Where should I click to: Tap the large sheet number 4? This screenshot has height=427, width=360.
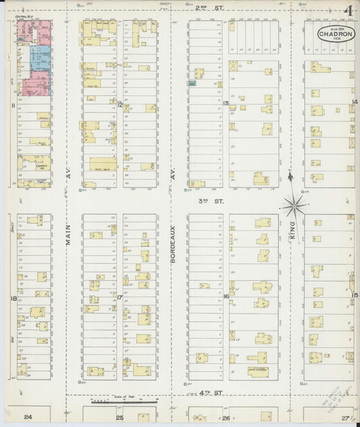349,11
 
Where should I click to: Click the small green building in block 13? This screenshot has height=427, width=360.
193,83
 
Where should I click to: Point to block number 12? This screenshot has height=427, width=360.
120,105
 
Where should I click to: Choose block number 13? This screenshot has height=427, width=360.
226,103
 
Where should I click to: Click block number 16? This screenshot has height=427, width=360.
226,297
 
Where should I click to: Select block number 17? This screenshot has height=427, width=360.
120,297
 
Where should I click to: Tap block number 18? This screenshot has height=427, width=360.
13,297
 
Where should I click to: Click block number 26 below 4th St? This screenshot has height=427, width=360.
226,418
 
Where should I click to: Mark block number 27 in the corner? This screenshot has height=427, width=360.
345,418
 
